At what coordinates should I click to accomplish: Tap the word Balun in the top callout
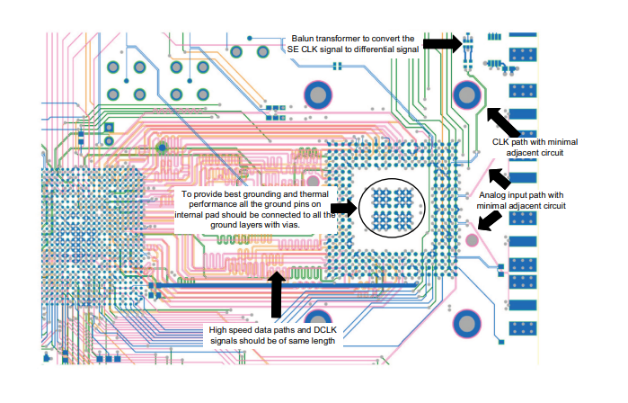[304, 39]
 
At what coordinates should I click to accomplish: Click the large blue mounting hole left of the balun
[319, 94]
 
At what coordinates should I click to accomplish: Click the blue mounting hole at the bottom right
[467, 322]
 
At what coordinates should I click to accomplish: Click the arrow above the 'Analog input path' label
[500, 175]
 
